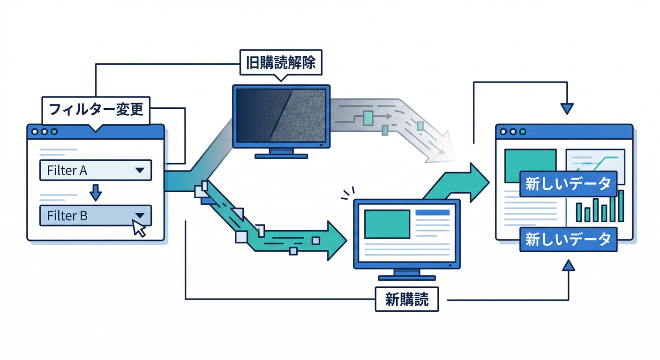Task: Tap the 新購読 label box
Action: tap(407, 299)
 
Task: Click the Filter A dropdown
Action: tap(96, 171)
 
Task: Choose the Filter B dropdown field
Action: tap(96, 216)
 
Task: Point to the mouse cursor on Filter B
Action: tap(139, 229)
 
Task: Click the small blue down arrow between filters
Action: tap(96, 192)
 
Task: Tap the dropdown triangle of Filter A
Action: tap(139, 171)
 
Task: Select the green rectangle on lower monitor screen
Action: tap(387, 224)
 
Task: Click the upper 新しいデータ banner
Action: tap(568, 184)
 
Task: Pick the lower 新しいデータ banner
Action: tap(568, 240)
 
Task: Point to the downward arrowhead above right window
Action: tap(567, 109)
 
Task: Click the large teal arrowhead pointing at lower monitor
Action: tap(336, 240)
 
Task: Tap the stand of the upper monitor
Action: tap(281, 153)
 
